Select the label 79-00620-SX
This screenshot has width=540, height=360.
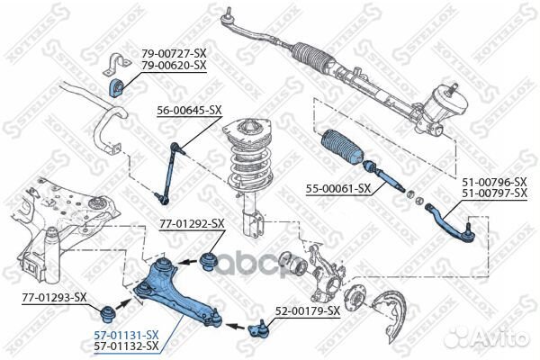174,66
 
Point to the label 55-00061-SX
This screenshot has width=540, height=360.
338,189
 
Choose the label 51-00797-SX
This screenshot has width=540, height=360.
494,193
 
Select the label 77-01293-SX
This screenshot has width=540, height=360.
54,296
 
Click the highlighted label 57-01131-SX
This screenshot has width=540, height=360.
127,334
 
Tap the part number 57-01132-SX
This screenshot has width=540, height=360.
127,345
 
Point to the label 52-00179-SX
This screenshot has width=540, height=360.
307,310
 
